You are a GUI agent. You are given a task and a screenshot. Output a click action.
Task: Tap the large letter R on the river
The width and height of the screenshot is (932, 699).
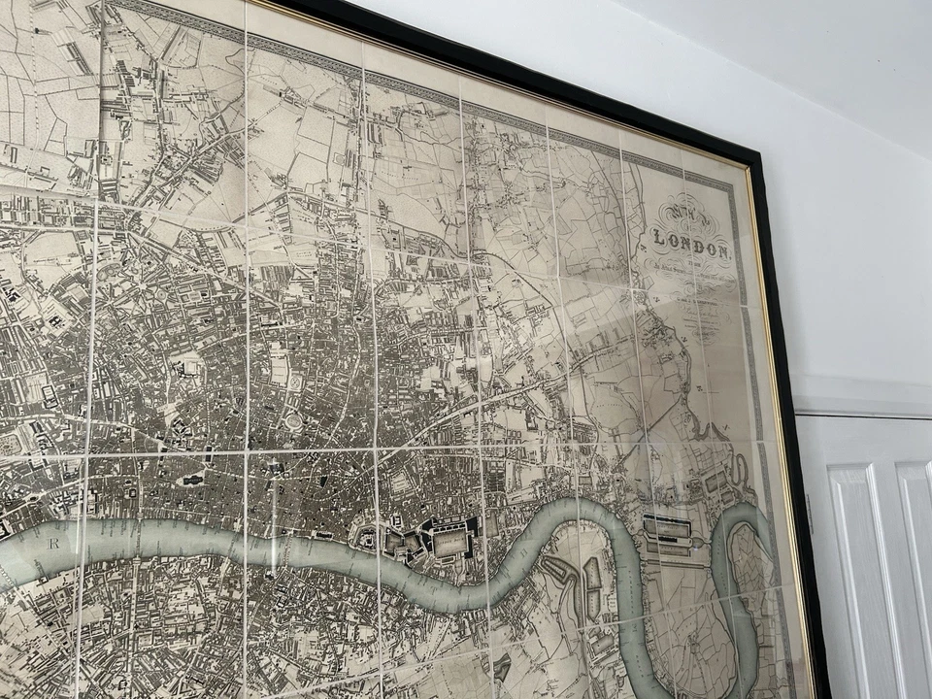coord(54,544)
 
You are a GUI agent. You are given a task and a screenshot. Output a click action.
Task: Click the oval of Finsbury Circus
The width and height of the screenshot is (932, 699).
coord(292,421)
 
